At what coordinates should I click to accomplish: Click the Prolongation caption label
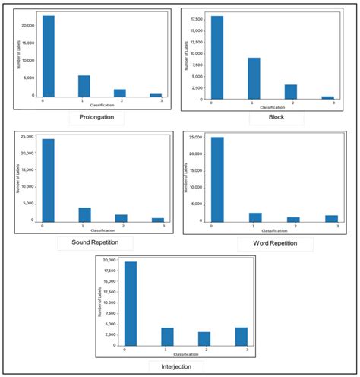click(96, 119)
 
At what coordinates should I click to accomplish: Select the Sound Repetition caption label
click(95, 243)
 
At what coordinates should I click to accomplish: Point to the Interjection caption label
click(175, 367)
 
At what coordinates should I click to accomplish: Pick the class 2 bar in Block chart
click(291, 91)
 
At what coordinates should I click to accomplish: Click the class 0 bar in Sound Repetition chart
click(48, 179)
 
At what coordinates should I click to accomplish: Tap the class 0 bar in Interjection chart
click(131, 303)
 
